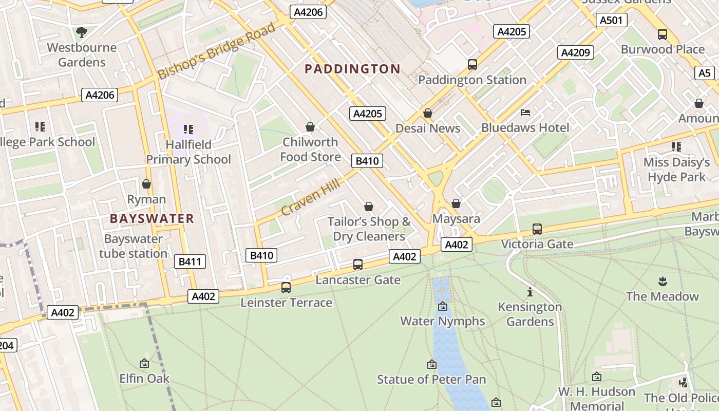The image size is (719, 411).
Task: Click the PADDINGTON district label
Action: click(352, 69)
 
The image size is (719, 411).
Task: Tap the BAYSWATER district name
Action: click(152, 218)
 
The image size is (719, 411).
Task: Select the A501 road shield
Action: click(611, 20)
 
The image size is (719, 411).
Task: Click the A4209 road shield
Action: click(576, 52)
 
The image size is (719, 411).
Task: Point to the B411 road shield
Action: click(190, 261)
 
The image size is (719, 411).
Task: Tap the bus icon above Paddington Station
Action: click(472, 65)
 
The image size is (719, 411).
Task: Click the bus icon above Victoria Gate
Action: click(537, 229)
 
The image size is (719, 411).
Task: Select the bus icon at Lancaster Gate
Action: click(358, 265)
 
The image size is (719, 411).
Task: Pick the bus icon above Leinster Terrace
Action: click(286, 288)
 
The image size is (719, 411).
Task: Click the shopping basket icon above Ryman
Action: click(146, 184)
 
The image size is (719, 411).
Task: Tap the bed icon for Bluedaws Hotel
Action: click(525, 112)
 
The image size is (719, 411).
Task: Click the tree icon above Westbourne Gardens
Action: click(81, 32)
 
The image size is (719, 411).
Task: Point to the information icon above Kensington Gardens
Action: click(529, 292)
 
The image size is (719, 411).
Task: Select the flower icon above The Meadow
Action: click(663, 281)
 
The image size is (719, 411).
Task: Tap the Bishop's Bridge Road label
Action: click(216, 51)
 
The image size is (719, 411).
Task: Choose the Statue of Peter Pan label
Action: click(431, 380)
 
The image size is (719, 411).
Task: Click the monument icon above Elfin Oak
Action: click(144, 363)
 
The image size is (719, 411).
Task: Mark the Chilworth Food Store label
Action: click(310, 149)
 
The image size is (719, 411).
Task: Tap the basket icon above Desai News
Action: click(428, 113)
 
